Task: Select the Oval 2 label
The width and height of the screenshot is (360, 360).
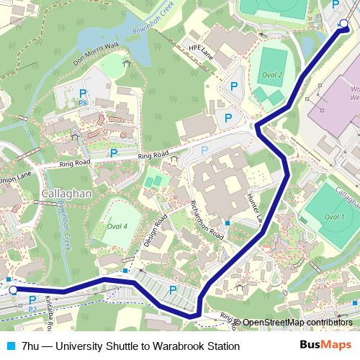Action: click(x=271, y=75)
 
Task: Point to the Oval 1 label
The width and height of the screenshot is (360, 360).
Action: click(x=334, y=216)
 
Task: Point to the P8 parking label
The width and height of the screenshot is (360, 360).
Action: click(x=83, y=104)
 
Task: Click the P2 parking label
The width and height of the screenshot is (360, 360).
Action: click(x=32, y=309)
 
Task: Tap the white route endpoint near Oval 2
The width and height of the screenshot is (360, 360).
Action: click(x=343, y=25)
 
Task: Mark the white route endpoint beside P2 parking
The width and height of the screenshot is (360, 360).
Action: click(x=13, y=290)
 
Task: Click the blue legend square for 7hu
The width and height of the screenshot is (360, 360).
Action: click(x=11, y=346)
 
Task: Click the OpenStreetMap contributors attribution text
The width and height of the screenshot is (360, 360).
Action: click(x=297, y=323)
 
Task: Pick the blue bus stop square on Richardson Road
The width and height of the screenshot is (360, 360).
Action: click(x=228, y=222)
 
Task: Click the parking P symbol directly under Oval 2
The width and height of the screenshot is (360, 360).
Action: click(x=233, y=86)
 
